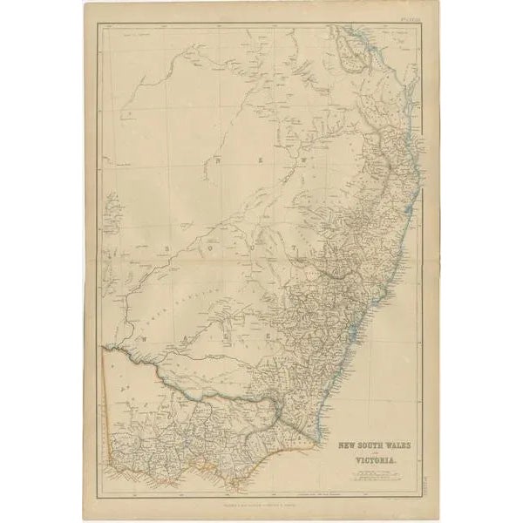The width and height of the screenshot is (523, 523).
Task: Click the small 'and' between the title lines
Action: [353, 453]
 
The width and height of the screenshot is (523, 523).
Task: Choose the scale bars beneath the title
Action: [378, 474]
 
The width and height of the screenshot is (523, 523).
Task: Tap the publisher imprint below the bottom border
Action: [261, 503]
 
